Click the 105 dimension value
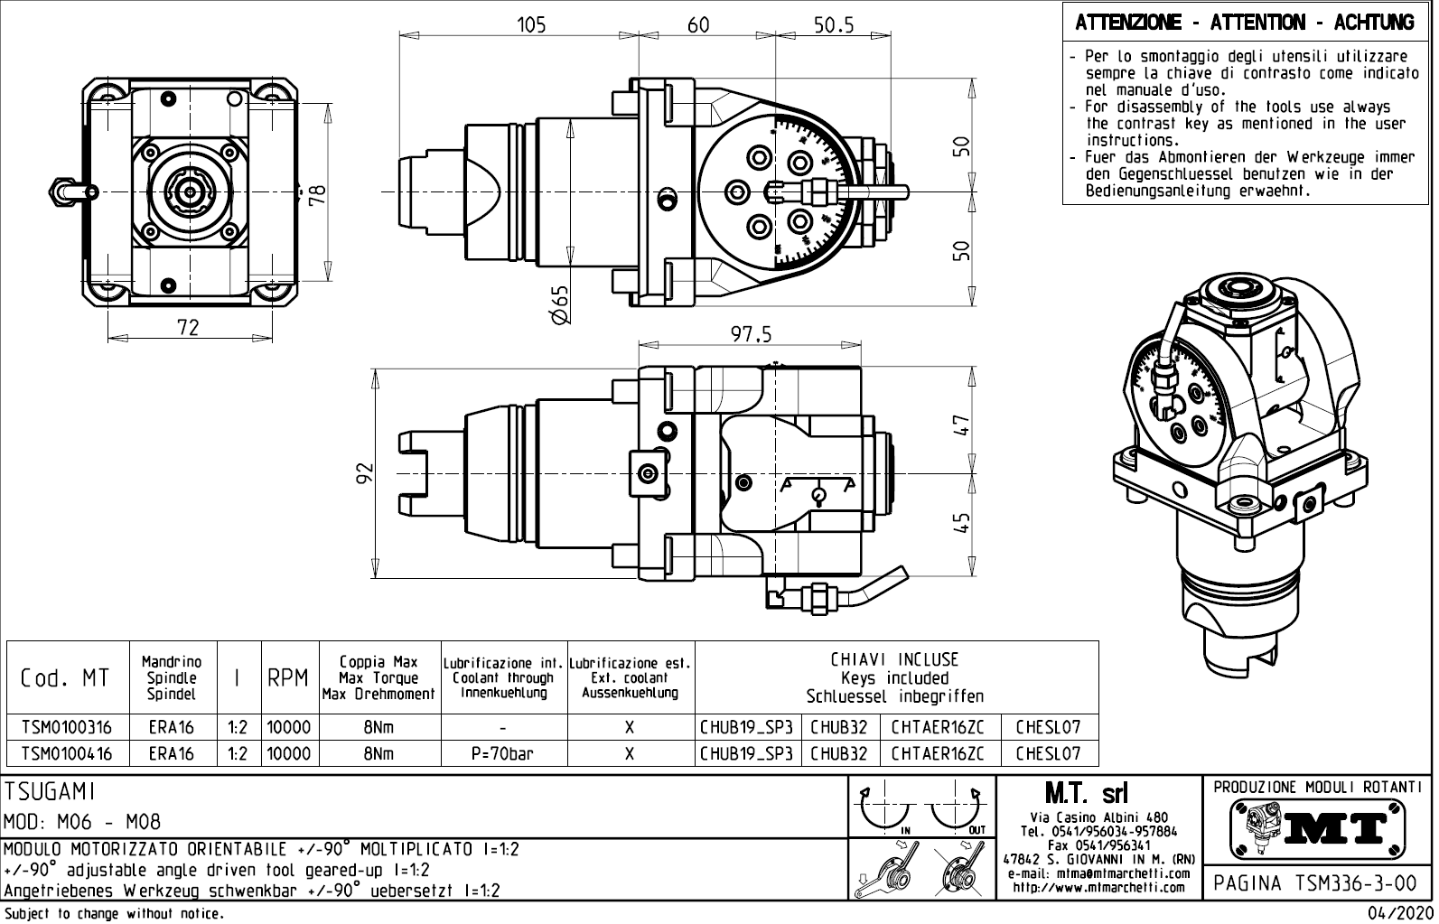(x=531, y=25)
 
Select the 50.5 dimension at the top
(x=833, y=25)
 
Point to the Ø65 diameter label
(x=560, y=305)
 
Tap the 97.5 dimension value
(x=751, y=335)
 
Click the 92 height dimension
(x=363, y=472)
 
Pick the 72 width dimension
(x=188, y=327)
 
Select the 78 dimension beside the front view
(x=317, y=194)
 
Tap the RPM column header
(x=288, y=678)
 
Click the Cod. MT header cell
(x=64, y=678)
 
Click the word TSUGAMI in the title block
(x=50, y=792)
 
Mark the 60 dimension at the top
(x=698, y=25)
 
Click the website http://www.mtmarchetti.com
(x=1098, y=887)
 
